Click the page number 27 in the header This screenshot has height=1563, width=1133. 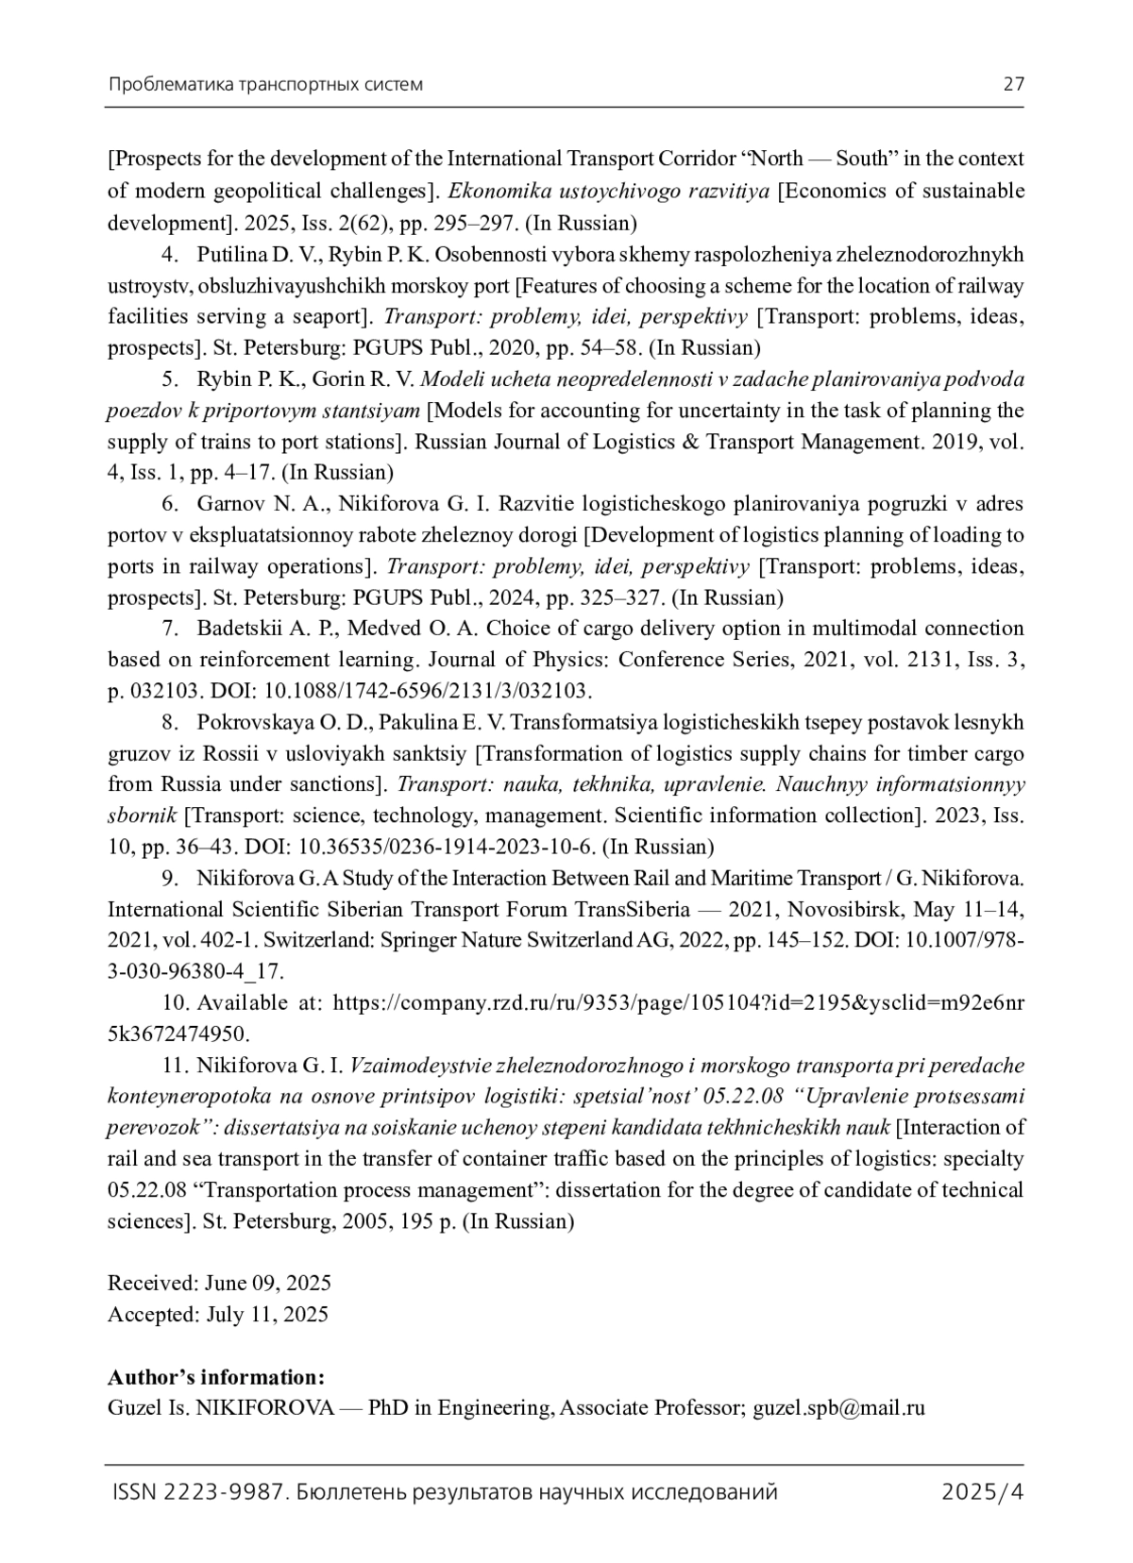1013,84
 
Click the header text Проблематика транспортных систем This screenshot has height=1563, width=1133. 265,84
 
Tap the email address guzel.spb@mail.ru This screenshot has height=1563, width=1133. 838,1407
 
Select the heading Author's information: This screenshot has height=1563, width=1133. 216,1376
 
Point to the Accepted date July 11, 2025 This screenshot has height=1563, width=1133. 267,1314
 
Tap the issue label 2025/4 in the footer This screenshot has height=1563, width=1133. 983,1492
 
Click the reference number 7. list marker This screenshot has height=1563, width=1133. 171,629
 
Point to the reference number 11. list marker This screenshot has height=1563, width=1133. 176,1065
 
